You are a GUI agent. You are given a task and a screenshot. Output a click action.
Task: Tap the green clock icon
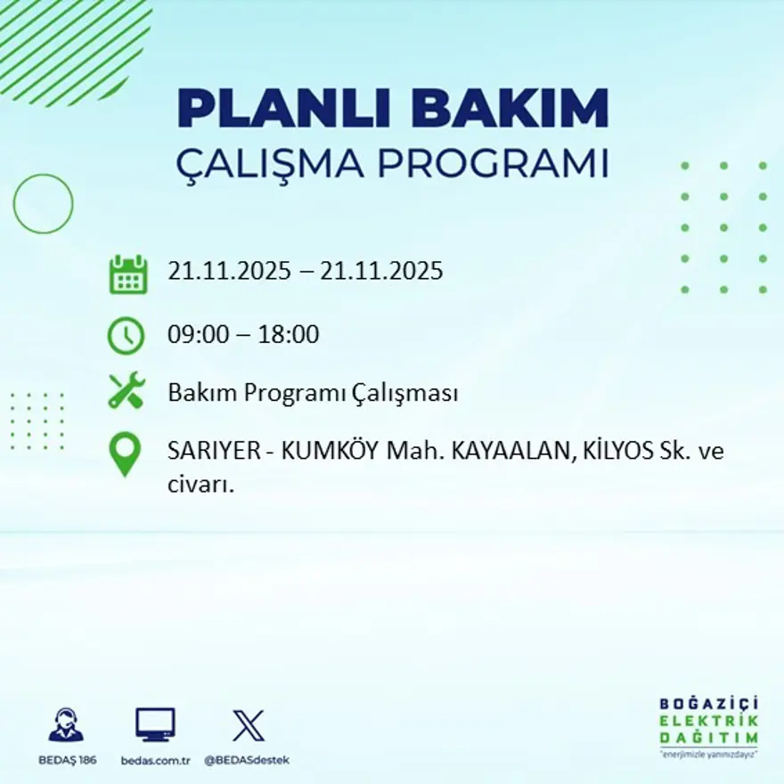coord(126,336)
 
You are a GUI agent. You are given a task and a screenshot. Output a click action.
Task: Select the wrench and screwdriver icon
coord(126,391)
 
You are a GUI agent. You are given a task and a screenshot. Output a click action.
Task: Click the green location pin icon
coord(125,453)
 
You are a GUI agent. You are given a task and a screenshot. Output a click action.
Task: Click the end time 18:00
coord(288,335)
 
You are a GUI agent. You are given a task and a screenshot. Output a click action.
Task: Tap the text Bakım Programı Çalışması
coord(313,393)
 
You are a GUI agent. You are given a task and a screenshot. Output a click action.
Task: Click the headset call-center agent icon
coord(66,725)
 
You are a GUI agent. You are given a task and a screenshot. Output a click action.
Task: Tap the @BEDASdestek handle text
coord(247,760)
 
